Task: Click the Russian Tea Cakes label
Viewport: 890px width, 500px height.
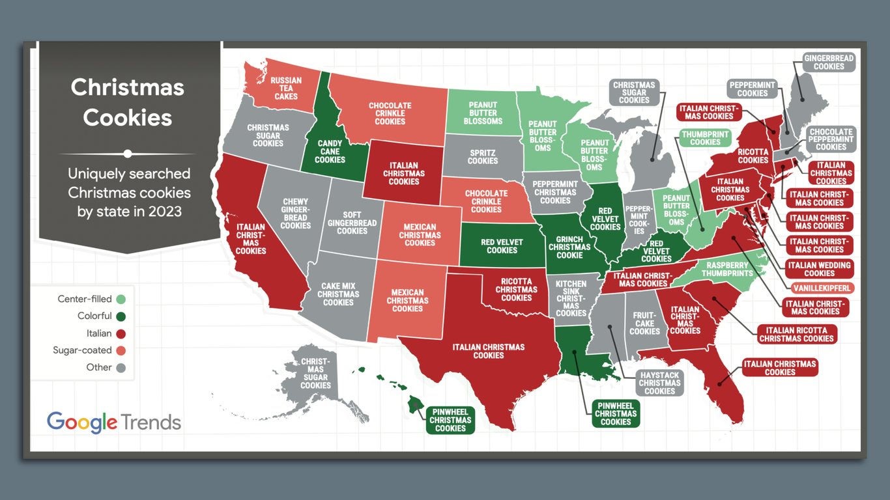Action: [x=286, y=89]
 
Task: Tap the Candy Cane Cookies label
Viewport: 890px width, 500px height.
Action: [x=330, y=152]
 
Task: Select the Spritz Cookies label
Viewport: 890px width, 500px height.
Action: [x=483, y=157]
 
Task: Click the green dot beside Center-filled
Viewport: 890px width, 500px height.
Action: [x=121, y=299]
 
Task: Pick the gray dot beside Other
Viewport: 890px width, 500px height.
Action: [x=121, y=368]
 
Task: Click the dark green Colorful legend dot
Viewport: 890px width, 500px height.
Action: [x=121, y=316]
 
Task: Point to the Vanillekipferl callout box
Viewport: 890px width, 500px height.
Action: [x=823, y=288]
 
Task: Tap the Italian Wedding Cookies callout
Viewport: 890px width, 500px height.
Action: [x=819, y=269]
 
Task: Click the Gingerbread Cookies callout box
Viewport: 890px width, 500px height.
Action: [x=829, y=62]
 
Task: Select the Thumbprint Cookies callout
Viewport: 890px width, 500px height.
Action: [x=705, y=138]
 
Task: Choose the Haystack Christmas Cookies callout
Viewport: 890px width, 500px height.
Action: [x=659, y=383]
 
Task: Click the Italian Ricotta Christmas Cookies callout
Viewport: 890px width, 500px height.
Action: [x=796, y=335]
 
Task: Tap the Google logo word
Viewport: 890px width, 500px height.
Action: [x=82, y=422]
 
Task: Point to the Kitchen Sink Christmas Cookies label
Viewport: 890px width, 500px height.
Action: [x=571, y=298]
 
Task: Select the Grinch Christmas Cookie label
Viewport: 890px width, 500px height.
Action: [x=569, y=247]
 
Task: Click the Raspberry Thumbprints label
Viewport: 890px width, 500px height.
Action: [x=726, y=270]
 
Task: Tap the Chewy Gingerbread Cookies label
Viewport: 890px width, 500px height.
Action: [x=296, y=214]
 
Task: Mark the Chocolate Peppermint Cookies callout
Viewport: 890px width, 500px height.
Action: [x=831, y=139]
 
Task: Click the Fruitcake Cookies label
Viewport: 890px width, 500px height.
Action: [x=645, y=323]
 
